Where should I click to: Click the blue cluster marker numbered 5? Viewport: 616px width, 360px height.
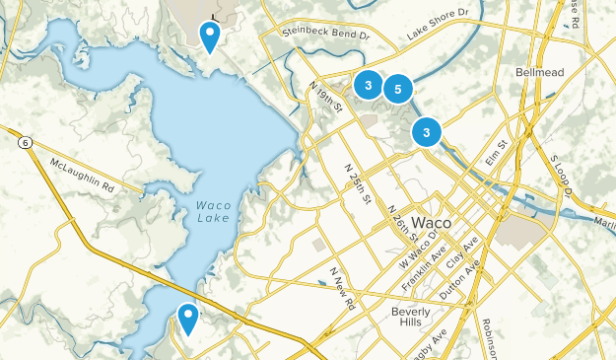[397, 90]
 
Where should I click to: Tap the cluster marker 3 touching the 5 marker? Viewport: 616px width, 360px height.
[368, 86]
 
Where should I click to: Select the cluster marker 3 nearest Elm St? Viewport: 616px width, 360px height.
[426, 131]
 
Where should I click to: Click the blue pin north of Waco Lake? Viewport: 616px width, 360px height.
[210, 36]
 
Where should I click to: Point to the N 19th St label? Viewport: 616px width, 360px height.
[324, 95]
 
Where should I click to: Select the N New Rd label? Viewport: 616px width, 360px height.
[342, 288]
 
